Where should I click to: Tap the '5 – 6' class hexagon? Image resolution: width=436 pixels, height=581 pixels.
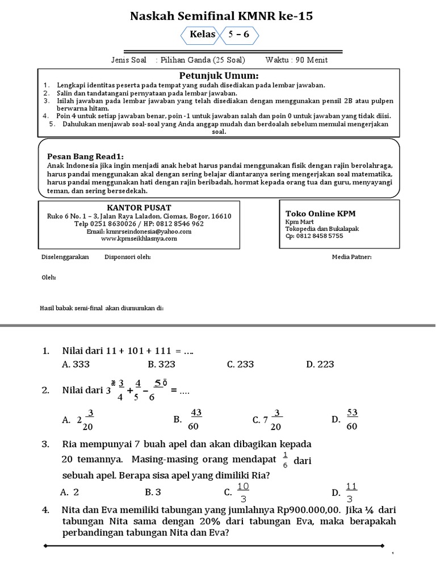pos(238,35)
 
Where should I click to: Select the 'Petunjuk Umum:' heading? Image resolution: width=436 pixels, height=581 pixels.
pos(219,76)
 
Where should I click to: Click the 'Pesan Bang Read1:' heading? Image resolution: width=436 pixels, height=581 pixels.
pos(85,157)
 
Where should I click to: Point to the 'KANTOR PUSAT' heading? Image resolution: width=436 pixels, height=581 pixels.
pos(139,207)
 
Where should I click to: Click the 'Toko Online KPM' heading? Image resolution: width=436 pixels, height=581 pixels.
pos(320,213)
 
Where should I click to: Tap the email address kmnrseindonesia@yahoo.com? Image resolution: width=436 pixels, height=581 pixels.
pos(139,231)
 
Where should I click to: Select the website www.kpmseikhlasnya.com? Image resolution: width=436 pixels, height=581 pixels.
pos(139,238)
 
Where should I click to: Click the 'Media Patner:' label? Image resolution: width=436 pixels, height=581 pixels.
pos(351,257)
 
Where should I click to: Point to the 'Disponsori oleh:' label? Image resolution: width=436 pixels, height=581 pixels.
pos(128,257)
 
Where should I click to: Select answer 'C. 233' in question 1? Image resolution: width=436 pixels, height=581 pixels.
pos(240,365)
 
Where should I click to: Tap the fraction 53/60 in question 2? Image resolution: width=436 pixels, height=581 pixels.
pos(351,419)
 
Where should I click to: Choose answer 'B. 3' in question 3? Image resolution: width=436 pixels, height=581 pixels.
pos(153,492)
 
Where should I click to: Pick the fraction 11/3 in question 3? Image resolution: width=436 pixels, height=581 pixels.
pos(351,492)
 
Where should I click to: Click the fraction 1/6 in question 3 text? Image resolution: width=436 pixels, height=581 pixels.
pos(284,460)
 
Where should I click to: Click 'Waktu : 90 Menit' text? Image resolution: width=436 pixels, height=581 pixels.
pos(296,60)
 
